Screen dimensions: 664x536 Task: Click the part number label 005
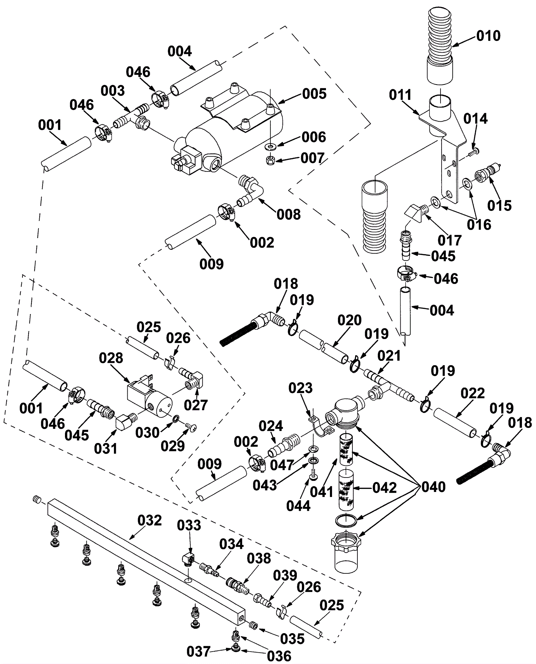tap(314, 94)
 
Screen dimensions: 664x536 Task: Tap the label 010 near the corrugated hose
tap(488, 36)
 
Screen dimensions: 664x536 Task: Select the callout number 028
tap(111, 358)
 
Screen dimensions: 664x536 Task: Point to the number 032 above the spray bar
tap(149, 520)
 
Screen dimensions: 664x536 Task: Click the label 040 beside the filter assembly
tap(433, 487)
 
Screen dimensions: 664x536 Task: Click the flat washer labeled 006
tap(270, 146)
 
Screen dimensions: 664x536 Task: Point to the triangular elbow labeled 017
tap(413, 214)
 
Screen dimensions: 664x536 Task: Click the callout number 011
tap(400, 95)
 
